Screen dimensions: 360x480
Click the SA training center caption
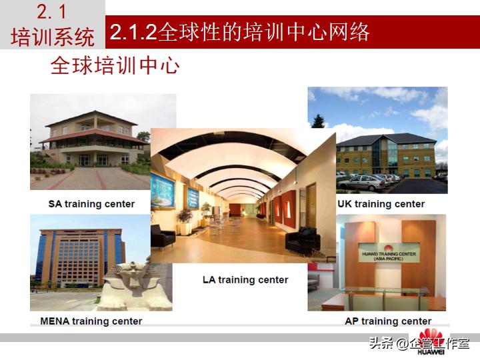(x=91, y=204)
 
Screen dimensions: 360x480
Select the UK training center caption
(x=381, y=204)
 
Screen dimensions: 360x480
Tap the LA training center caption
(x=245, y=280)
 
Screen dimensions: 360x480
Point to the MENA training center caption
(x=91, y=321)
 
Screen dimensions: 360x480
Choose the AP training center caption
(x=387, y=321)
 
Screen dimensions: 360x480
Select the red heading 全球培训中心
(x=115, y=67)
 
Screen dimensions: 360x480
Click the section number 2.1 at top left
(x=52, y=12)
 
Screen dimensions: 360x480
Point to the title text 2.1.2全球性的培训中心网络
(x=240, y=33)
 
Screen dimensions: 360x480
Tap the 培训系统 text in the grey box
(x=52, y=37)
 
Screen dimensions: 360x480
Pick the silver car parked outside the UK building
(x=361, y=183)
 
